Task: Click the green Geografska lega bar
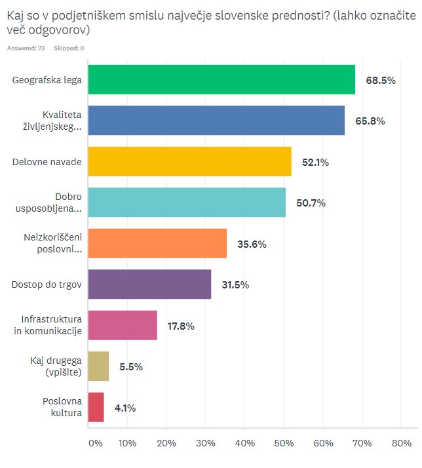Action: tap(221, 80)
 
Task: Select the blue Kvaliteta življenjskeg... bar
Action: tap(216, 121)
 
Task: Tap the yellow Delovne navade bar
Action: tap(189, 162)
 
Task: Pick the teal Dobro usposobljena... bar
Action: tap(186, 203)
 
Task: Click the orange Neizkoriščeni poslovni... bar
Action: tap(157, 243)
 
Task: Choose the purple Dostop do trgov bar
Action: tap(149, 284)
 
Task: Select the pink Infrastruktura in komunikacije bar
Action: tap(122, 325)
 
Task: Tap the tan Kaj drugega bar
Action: tap(98, 366)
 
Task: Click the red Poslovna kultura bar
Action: tap(96, 407)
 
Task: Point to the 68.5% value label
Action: tap(381, 81)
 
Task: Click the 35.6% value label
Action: tap(253, 244)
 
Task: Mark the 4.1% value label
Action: tap(125, 408)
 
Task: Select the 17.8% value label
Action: tap(181, 326)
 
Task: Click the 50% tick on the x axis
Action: tap(284, 444)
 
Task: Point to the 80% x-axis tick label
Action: tap(401, 444)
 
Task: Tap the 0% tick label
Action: tap(96, 444)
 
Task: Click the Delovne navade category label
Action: tap(47, 162)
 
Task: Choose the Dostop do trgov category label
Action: tap(47, 284)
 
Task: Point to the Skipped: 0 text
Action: tap(69, 48)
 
